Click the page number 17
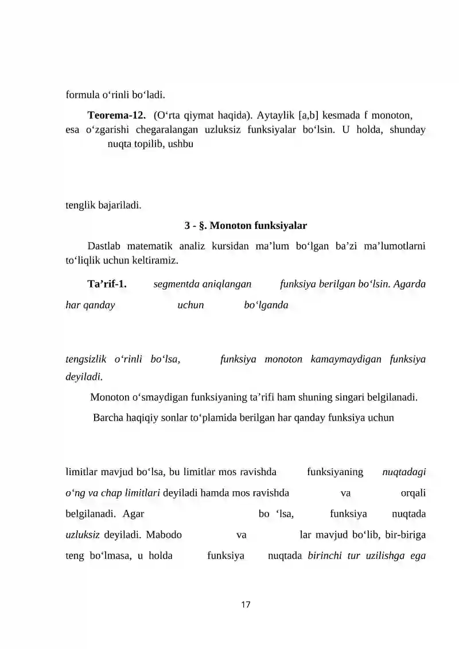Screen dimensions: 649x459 (246, 605)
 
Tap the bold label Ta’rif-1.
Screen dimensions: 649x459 (107, 284)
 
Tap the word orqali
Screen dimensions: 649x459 (413, 492)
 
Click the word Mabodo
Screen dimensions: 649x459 (164, 535)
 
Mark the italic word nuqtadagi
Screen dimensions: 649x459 (404, 472)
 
